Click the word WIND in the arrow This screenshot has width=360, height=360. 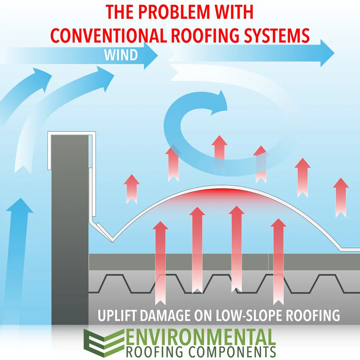(x=121, y=55)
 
